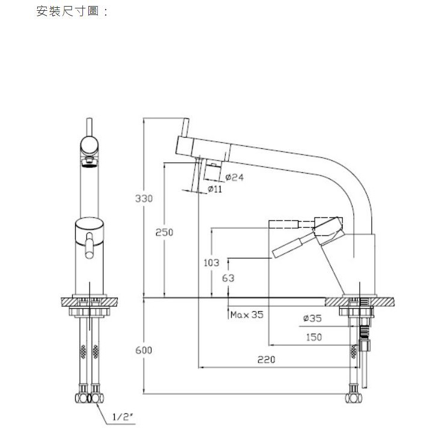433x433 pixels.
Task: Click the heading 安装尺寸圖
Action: click(x=71, y=11)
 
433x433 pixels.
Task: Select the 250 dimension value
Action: click(x=164, y=232)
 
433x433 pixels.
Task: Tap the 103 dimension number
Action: click(x=212, y=262)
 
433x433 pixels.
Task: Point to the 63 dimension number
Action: click(x=228, y=278)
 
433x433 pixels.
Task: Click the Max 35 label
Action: click(x=246, y=314)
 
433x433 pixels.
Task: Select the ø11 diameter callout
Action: click(x=214, y=189)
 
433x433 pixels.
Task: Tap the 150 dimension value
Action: click(x=313, y=338)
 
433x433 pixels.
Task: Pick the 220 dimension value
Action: click(x=265, y=360)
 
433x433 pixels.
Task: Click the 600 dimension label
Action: click(x=144, y=350)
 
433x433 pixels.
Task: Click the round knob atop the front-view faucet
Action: click(x=91, y=145)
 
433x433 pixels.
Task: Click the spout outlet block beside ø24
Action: click(x=212, y=172)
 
